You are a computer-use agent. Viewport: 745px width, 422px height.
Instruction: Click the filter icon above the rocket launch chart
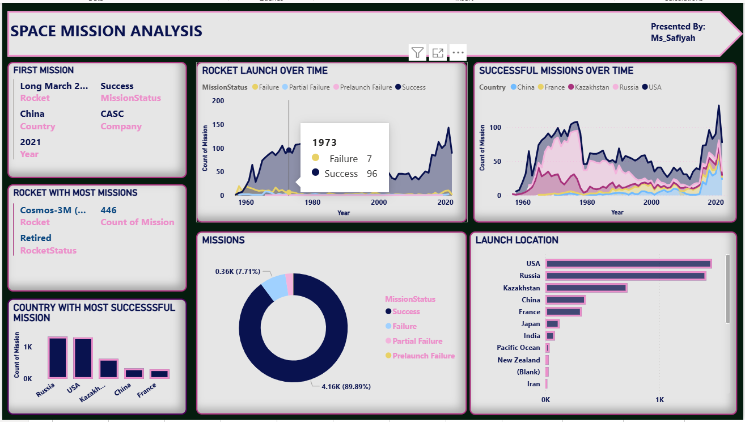417,53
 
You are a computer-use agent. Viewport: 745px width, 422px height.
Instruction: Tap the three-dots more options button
458,53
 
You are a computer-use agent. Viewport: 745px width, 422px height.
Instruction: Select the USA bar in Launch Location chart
628,264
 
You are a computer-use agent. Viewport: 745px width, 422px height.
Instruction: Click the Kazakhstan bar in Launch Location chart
586,288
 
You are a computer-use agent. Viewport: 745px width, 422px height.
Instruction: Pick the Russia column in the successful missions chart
57,357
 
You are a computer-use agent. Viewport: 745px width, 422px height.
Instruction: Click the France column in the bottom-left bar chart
159,374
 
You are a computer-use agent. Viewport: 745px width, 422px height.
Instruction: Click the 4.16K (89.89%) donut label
346,387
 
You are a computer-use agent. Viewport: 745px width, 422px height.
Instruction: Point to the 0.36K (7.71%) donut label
238,272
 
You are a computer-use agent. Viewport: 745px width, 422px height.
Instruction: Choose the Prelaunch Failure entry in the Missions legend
423,356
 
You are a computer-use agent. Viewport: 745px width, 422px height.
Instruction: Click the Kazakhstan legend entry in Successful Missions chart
591,87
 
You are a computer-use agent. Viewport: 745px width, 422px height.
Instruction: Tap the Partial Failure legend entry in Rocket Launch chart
309,87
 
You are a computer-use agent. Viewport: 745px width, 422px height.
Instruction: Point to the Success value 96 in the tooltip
372,174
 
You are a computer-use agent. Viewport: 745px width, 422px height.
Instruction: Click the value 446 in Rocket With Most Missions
108,210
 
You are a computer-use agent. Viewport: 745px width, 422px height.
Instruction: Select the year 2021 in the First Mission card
30,142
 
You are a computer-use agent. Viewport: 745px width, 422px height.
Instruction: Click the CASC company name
112,114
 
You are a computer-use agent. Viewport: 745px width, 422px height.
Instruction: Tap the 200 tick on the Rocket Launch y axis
218,101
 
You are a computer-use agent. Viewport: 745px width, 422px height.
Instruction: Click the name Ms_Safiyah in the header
672,38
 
